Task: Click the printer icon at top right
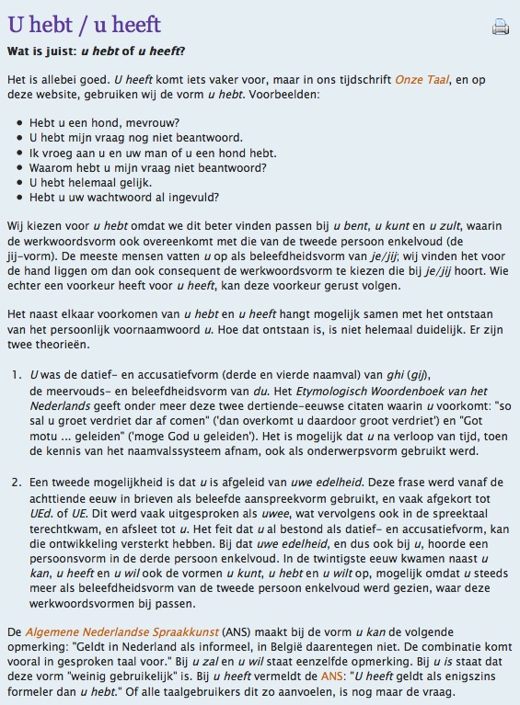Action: [x=500, y=27]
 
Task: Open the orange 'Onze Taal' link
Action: [x=422, y=80]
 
